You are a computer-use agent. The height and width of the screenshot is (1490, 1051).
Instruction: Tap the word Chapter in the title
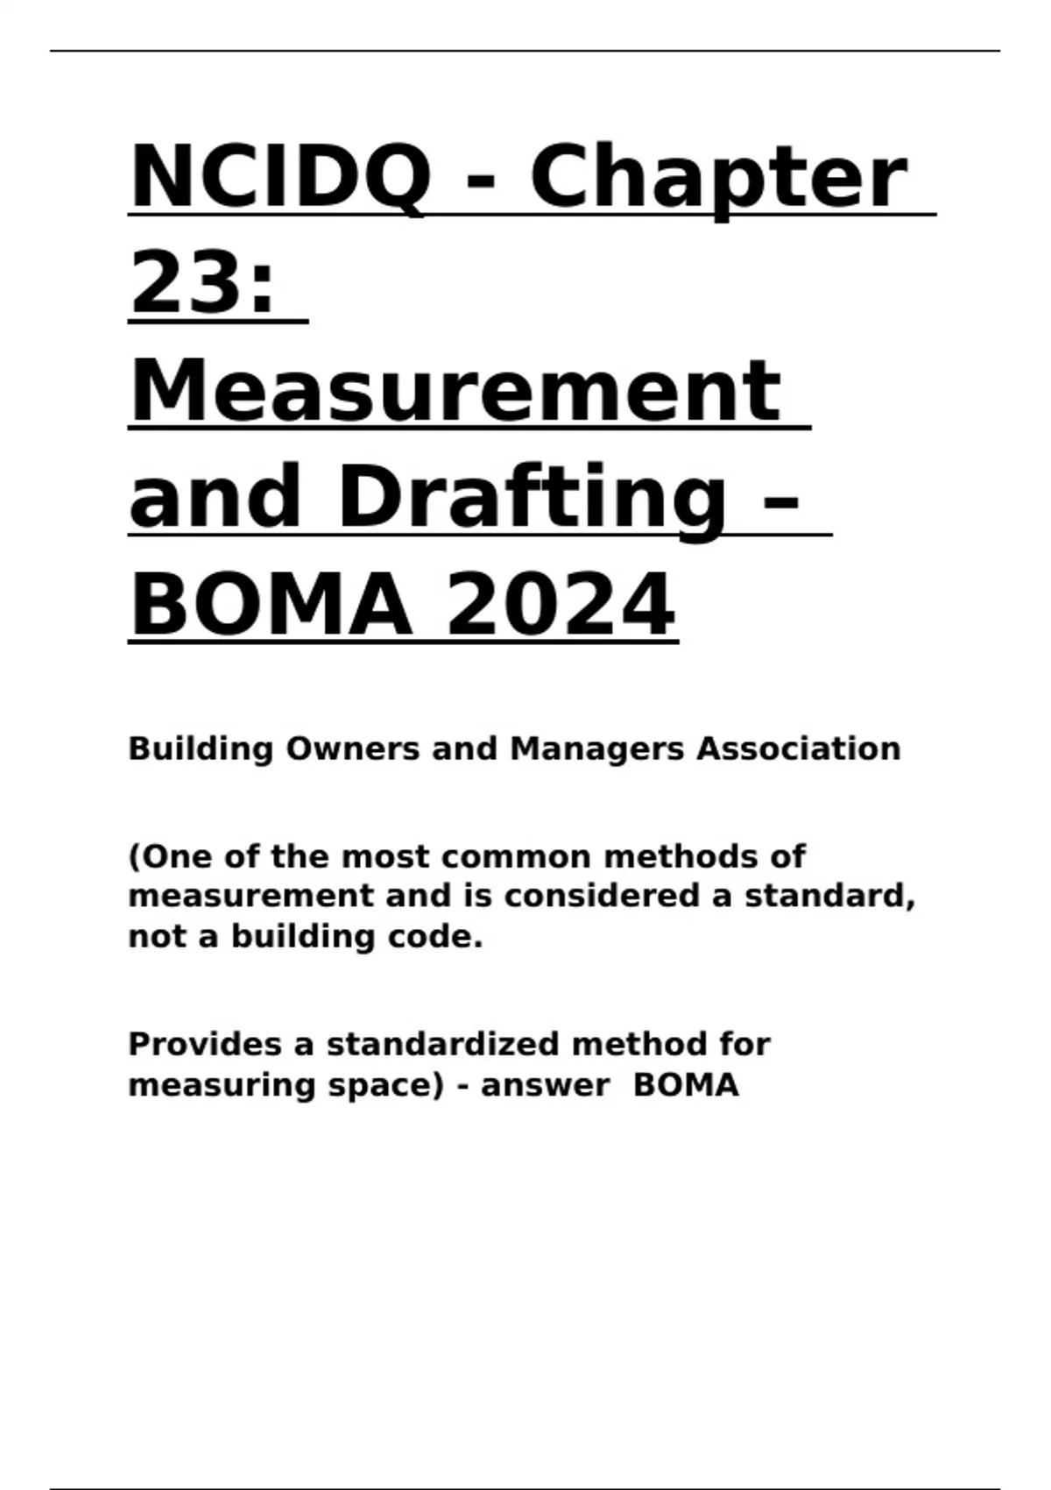tap(718, 180)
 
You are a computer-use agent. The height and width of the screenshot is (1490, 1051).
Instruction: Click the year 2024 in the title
tap(561, 605)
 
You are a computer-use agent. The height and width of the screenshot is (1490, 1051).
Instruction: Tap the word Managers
tap(596, 750)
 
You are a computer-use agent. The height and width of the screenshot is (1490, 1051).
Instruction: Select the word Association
tap(798, 749)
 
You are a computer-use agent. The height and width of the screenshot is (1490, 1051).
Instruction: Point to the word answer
tap(545, 1086)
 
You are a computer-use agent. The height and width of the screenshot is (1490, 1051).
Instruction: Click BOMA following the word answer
tap(686, 1085)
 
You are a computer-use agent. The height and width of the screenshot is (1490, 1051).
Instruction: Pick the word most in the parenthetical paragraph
tap(382, 856)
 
